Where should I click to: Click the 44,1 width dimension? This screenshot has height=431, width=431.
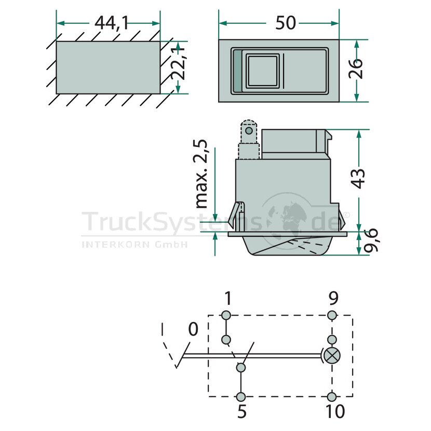point(111,23)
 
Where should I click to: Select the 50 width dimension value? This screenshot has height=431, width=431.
point(285,23)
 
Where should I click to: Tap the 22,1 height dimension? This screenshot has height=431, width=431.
point(177,64)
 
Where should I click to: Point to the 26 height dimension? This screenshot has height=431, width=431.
point(356,69)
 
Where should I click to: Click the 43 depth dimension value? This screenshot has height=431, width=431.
point(358,179)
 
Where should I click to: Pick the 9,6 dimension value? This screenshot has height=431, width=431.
point(371,240)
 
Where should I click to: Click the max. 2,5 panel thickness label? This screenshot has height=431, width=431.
point(201,174)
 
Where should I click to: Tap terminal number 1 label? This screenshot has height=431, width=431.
point(228,298)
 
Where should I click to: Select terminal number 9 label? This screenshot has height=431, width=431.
point(333,298)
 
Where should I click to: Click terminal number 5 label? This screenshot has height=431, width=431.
point(241,411)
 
